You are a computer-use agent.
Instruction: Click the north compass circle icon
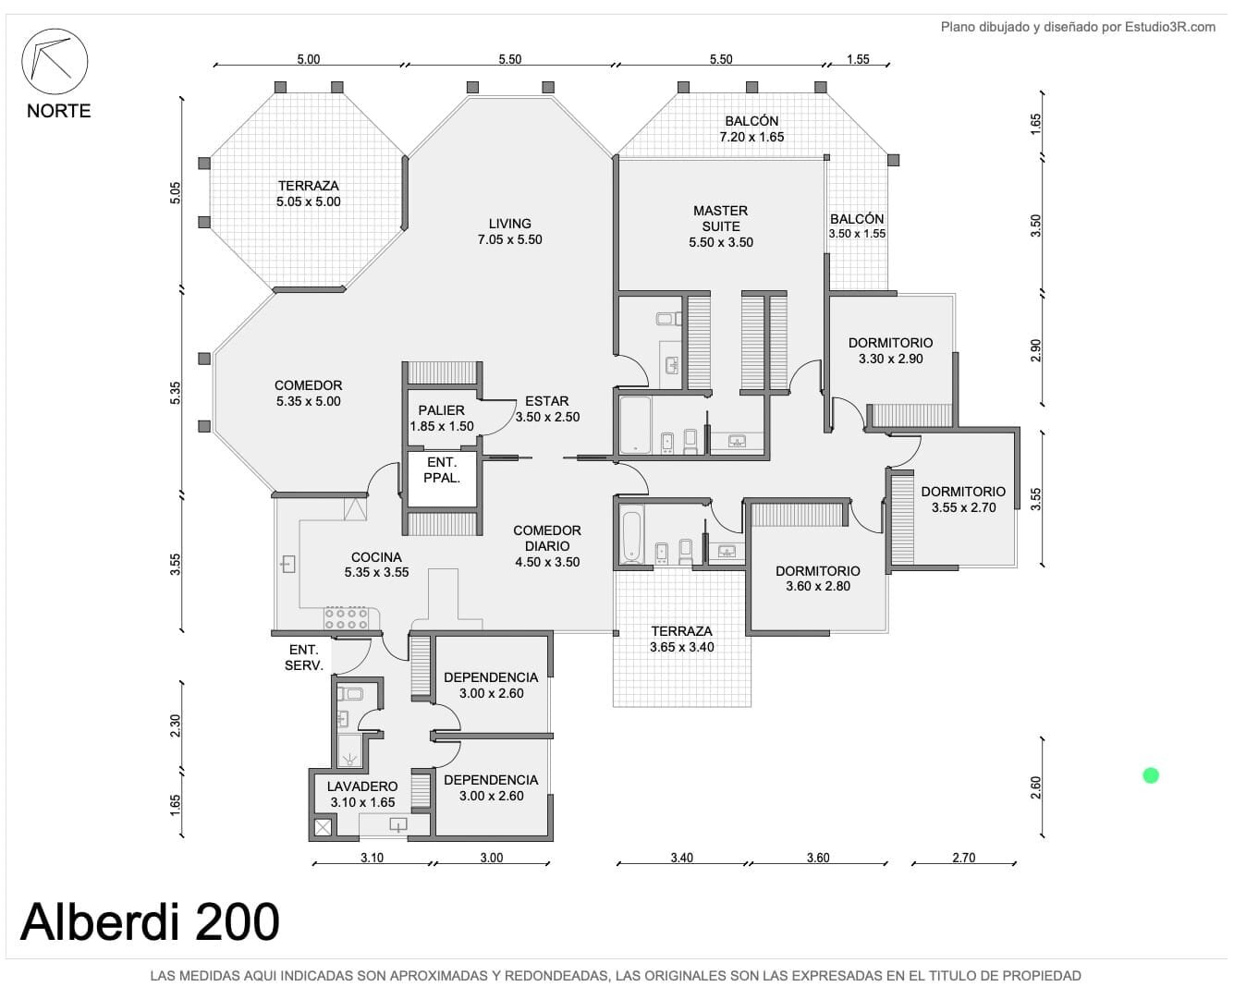click(55, 61)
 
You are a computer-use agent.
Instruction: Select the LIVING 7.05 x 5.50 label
click(509, 231)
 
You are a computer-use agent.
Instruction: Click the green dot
click(1150, 775)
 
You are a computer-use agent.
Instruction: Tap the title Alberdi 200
click(150, 921)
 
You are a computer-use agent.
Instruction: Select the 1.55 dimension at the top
click(857, 59)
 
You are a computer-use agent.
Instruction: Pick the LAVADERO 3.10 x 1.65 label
click(362, 794)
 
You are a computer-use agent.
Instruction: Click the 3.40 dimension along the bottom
click(681, 858)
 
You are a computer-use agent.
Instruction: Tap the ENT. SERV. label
click(304, 657)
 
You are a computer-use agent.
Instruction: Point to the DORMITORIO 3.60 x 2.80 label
click(818, 579)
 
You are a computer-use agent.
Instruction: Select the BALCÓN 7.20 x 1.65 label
click(751, 128)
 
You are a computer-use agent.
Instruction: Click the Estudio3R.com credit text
click(1078, 27)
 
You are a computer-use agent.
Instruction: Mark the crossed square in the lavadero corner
click(323, 827)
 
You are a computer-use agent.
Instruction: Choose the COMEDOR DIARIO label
click(547, 545)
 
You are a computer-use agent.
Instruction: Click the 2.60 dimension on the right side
click(1035, 786)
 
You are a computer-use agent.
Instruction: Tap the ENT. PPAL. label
click(442, 469)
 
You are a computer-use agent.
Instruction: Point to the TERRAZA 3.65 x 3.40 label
click(681, 639)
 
